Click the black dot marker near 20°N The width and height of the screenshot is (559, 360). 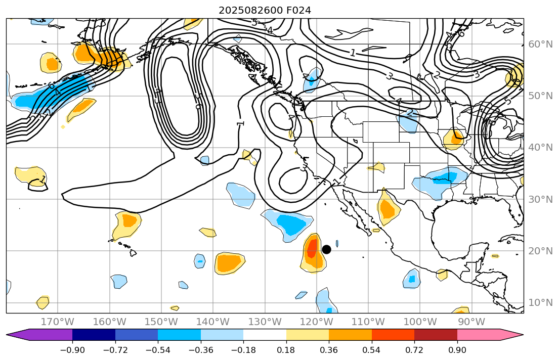[x=326, y=249]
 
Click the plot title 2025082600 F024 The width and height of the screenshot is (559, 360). [x=265, y=10]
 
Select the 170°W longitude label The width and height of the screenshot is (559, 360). [x=58, y=322]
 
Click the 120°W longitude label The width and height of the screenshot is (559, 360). [x=316, y=322]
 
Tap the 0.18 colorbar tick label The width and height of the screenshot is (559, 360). [x=286, y=350]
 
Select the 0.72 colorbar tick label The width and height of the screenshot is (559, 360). [x=414, y=350]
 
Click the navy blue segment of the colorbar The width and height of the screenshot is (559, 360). [x=94, y=335]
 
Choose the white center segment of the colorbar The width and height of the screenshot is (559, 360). [x=265, y=335]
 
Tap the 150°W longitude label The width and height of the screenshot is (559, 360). [x=161, y=322]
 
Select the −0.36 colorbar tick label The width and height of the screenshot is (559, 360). [x=201, y=350]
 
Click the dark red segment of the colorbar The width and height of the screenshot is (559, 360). [x=436, y=335]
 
